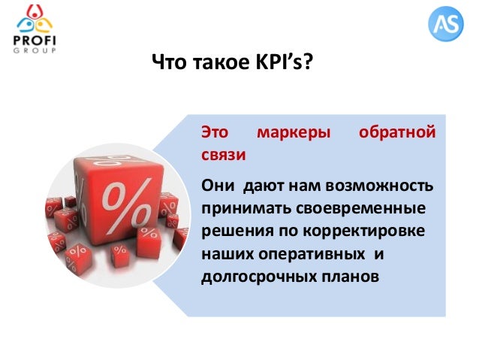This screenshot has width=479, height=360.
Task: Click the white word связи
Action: [x=224, y=156]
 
